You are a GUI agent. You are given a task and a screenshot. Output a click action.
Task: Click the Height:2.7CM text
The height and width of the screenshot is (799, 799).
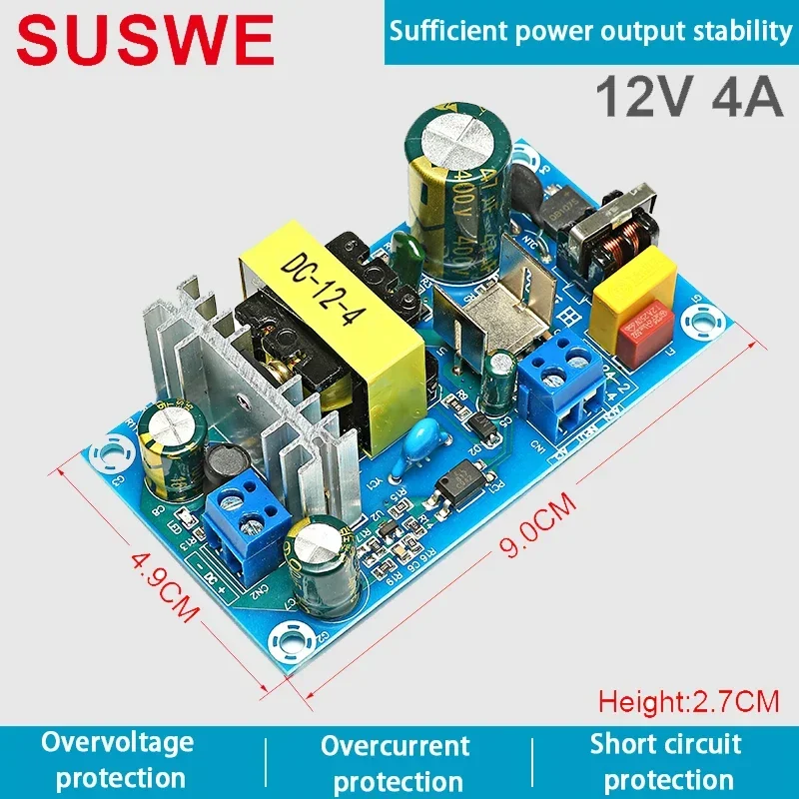[688, 701]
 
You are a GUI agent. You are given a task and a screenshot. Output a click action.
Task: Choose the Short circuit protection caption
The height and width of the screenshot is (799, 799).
[667, 761]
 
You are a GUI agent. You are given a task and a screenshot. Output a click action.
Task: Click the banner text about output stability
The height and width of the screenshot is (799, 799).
[590, 31]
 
